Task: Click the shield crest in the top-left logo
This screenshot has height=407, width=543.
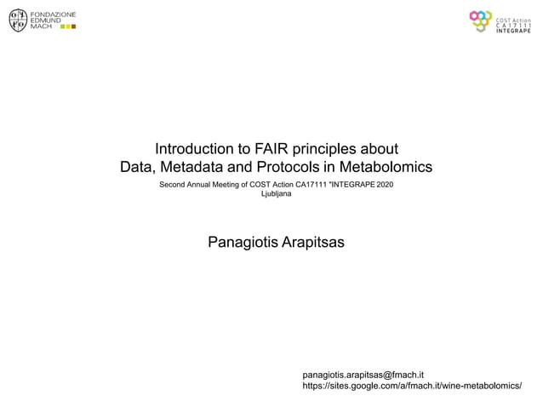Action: (17, 20)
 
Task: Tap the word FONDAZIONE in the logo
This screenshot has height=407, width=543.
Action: (53, 14)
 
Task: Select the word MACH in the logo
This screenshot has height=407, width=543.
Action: (41, 26)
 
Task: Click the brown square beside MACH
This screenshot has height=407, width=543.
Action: (74, 26)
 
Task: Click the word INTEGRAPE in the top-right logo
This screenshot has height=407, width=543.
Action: (514, 31)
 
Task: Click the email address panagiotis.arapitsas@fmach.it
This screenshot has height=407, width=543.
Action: (363, 374)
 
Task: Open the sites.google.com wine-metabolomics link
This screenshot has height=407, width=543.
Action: (412, 386)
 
